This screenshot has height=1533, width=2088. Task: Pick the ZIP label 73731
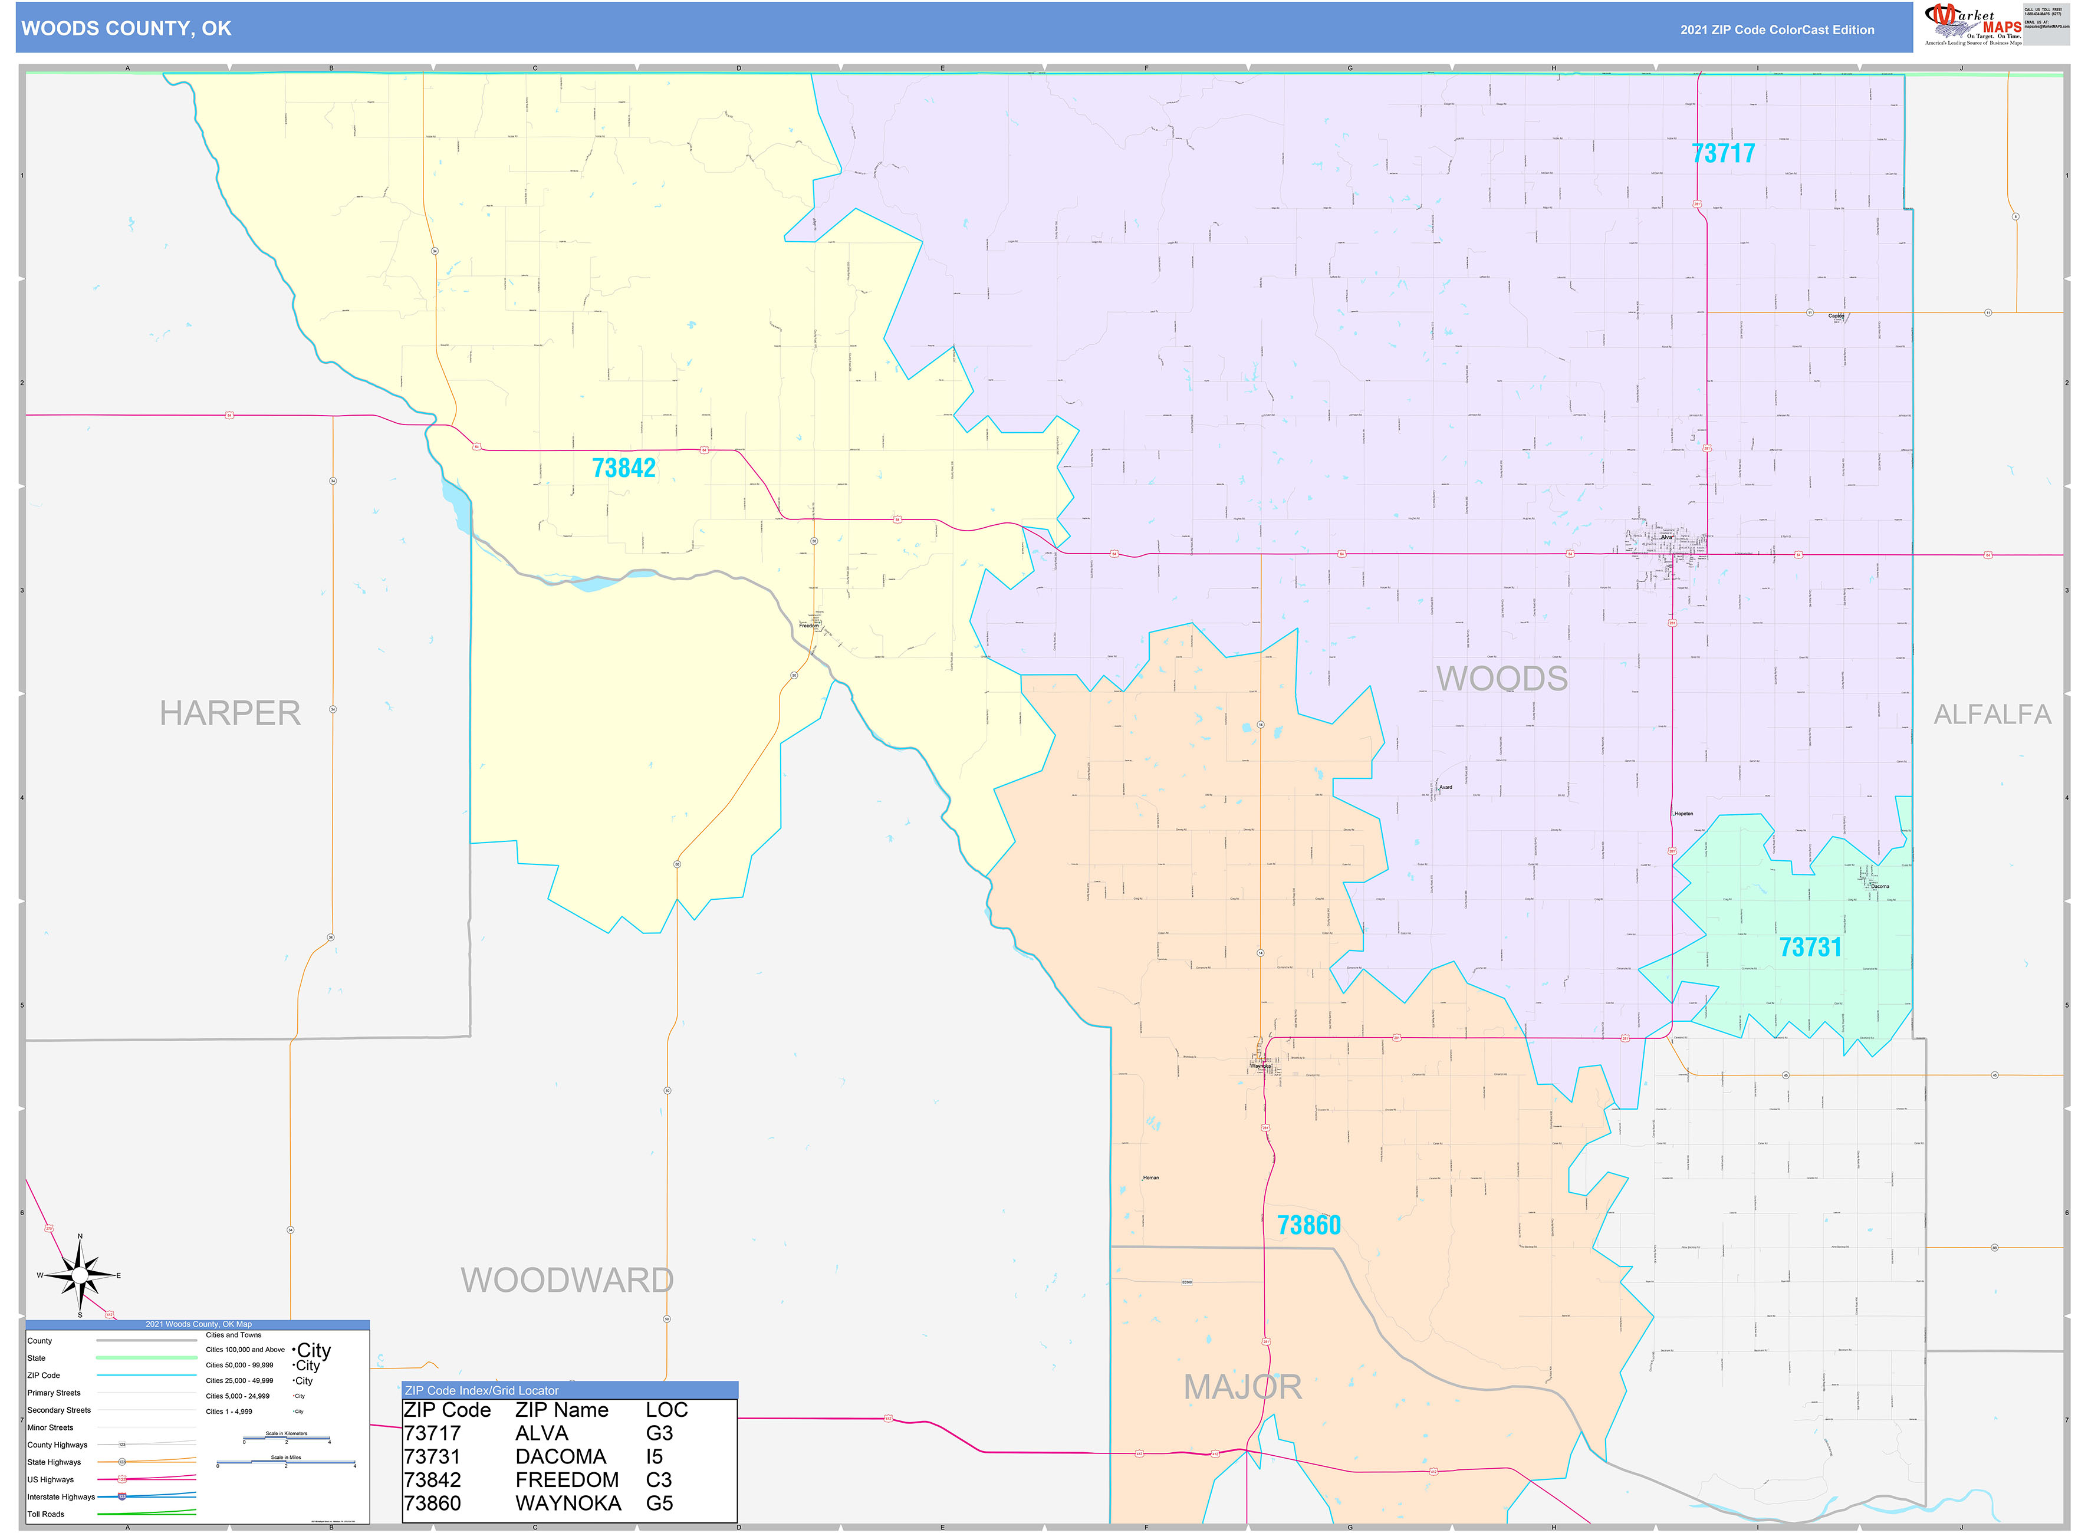[1810, 948]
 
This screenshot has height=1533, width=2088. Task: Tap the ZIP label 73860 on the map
[1308, 1225]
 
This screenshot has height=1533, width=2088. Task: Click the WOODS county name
[1501, 678]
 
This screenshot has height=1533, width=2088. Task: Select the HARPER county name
[230, 713]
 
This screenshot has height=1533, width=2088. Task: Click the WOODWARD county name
[567, 1279]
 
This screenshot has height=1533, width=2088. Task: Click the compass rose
[80, 1276]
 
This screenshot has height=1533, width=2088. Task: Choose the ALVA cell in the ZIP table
[541, 1433]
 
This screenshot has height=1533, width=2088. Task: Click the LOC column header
[666, 1410]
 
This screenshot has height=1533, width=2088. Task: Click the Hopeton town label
[1683, 814]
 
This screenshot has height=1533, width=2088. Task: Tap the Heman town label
[1150, 1177]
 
